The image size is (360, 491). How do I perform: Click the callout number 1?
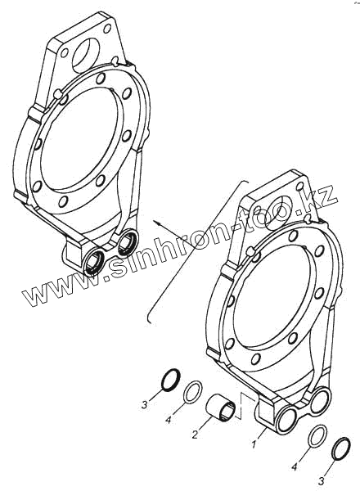tap(254, 444)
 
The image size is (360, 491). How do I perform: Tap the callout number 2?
tap(195, 435)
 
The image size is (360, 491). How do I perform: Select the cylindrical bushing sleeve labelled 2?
tap(219, 408)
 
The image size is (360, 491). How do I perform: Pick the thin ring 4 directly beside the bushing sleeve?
tap(192, 391)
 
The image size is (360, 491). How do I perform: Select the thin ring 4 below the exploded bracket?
tap(318, 438)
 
